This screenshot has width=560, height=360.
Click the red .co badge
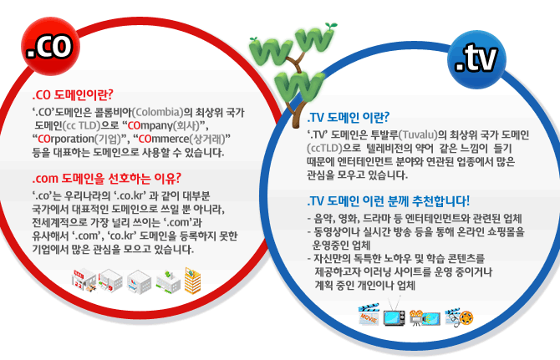point(50,47)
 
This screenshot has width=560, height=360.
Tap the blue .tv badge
point(476,59)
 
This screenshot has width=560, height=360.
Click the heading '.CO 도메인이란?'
point(73,95)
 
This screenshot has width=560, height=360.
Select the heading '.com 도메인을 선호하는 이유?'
point(106,178)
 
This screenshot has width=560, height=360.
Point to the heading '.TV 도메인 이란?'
point(349,117)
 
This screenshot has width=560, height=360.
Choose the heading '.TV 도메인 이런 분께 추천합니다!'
point(388,200)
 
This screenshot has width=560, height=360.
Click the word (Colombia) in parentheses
point(157,112)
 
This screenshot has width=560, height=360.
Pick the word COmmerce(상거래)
point(181,139)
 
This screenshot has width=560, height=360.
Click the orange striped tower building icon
point(192,281)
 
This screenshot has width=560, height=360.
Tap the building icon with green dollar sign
point(168,281)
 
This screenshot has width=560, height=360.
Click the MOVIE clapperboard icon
point(369,314)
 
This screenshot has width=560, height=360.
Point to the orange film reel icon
point(466,317)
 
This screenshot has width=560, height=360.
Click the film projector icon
point(425,317)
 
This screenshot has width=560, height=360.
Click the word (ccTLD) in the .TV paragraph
point(324,148)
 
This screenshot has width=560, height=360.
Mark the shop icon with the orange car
point(84,281)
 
